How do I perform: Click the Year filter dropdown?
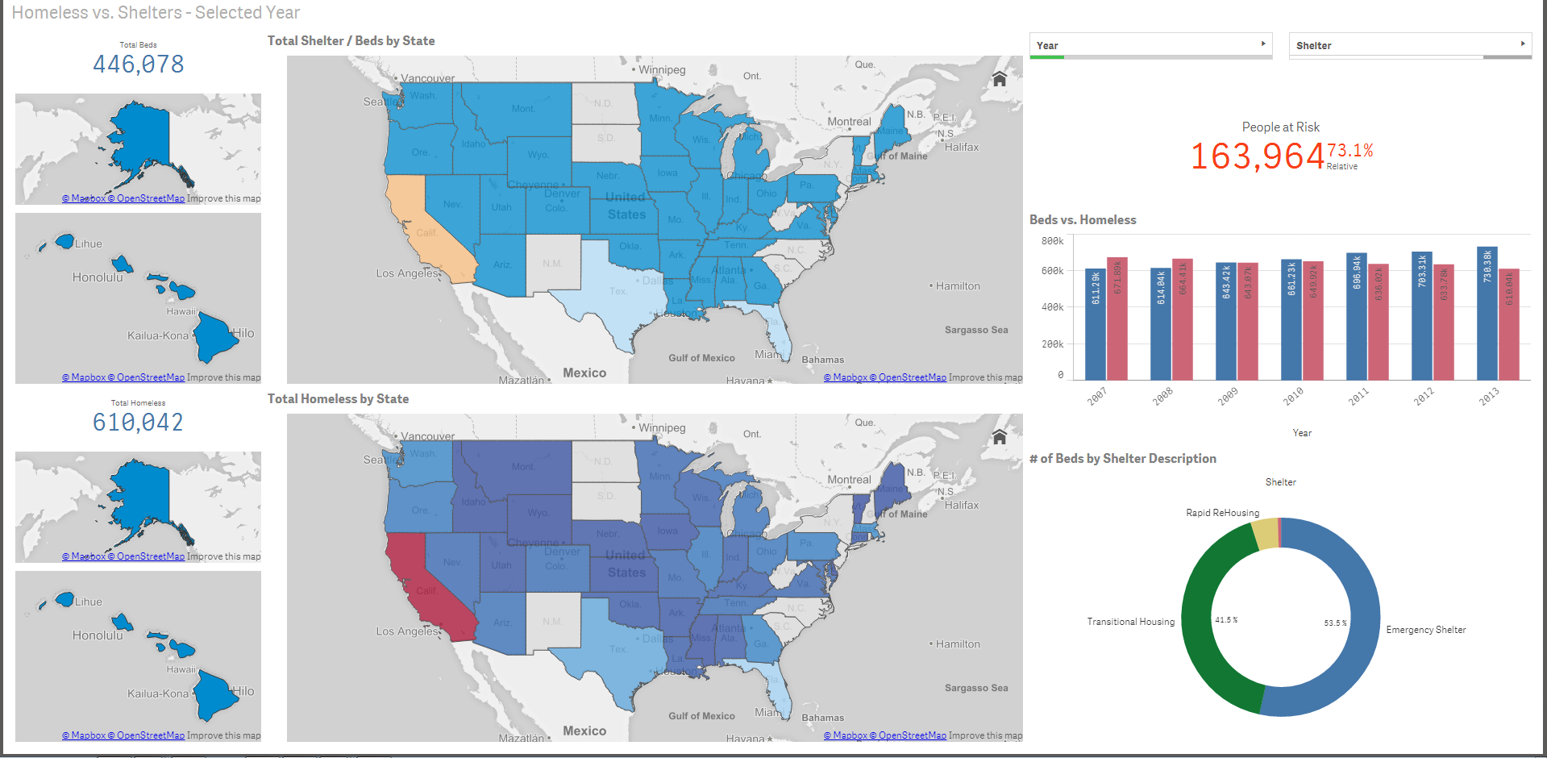pos(1150,45)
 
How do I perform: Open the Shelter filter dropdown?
pos(1409,45)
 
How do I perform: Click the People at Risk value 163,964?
pos(1257,156)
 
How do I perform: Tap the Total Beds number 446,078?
pos(138,65)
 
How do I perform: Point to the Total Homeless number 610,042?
pos(138,423)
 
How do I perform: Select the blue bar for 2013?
pos(1487,314)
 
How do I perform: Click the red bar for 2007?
pos(1117,319)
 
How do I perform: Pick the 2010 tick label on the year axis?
pos(1293,396)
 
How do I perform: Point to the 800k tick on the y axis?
pos(1052,241)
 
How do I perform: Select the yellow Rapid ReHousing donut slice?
pos(1265,534)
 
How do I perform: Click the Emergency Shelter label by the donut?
pos(1425,630)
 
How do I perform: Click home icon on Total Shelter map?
pos(1000,79)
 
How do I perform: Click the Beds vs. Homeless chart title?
pos(1083,220)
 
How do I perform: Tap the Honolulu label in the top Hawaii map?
pos(98,277)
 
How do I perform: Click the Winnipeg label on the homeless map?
pos(662,428)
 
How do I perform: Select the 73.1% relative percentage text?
pos(1350,151)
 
